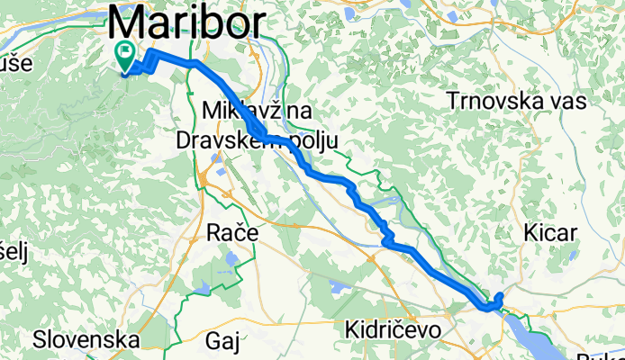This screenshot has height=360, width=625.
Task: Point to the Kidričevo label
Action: coord(393,330)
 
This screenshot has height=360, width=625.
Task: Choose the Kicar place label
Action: coord(549,233)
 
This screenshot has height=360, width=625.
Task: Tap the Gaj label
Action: coord(225,340)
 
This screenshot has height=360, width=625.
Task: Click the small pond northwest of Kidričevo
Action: coord(338,287)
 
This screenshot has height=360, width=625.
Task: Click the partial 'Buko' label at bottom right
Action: coord(610,354)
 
